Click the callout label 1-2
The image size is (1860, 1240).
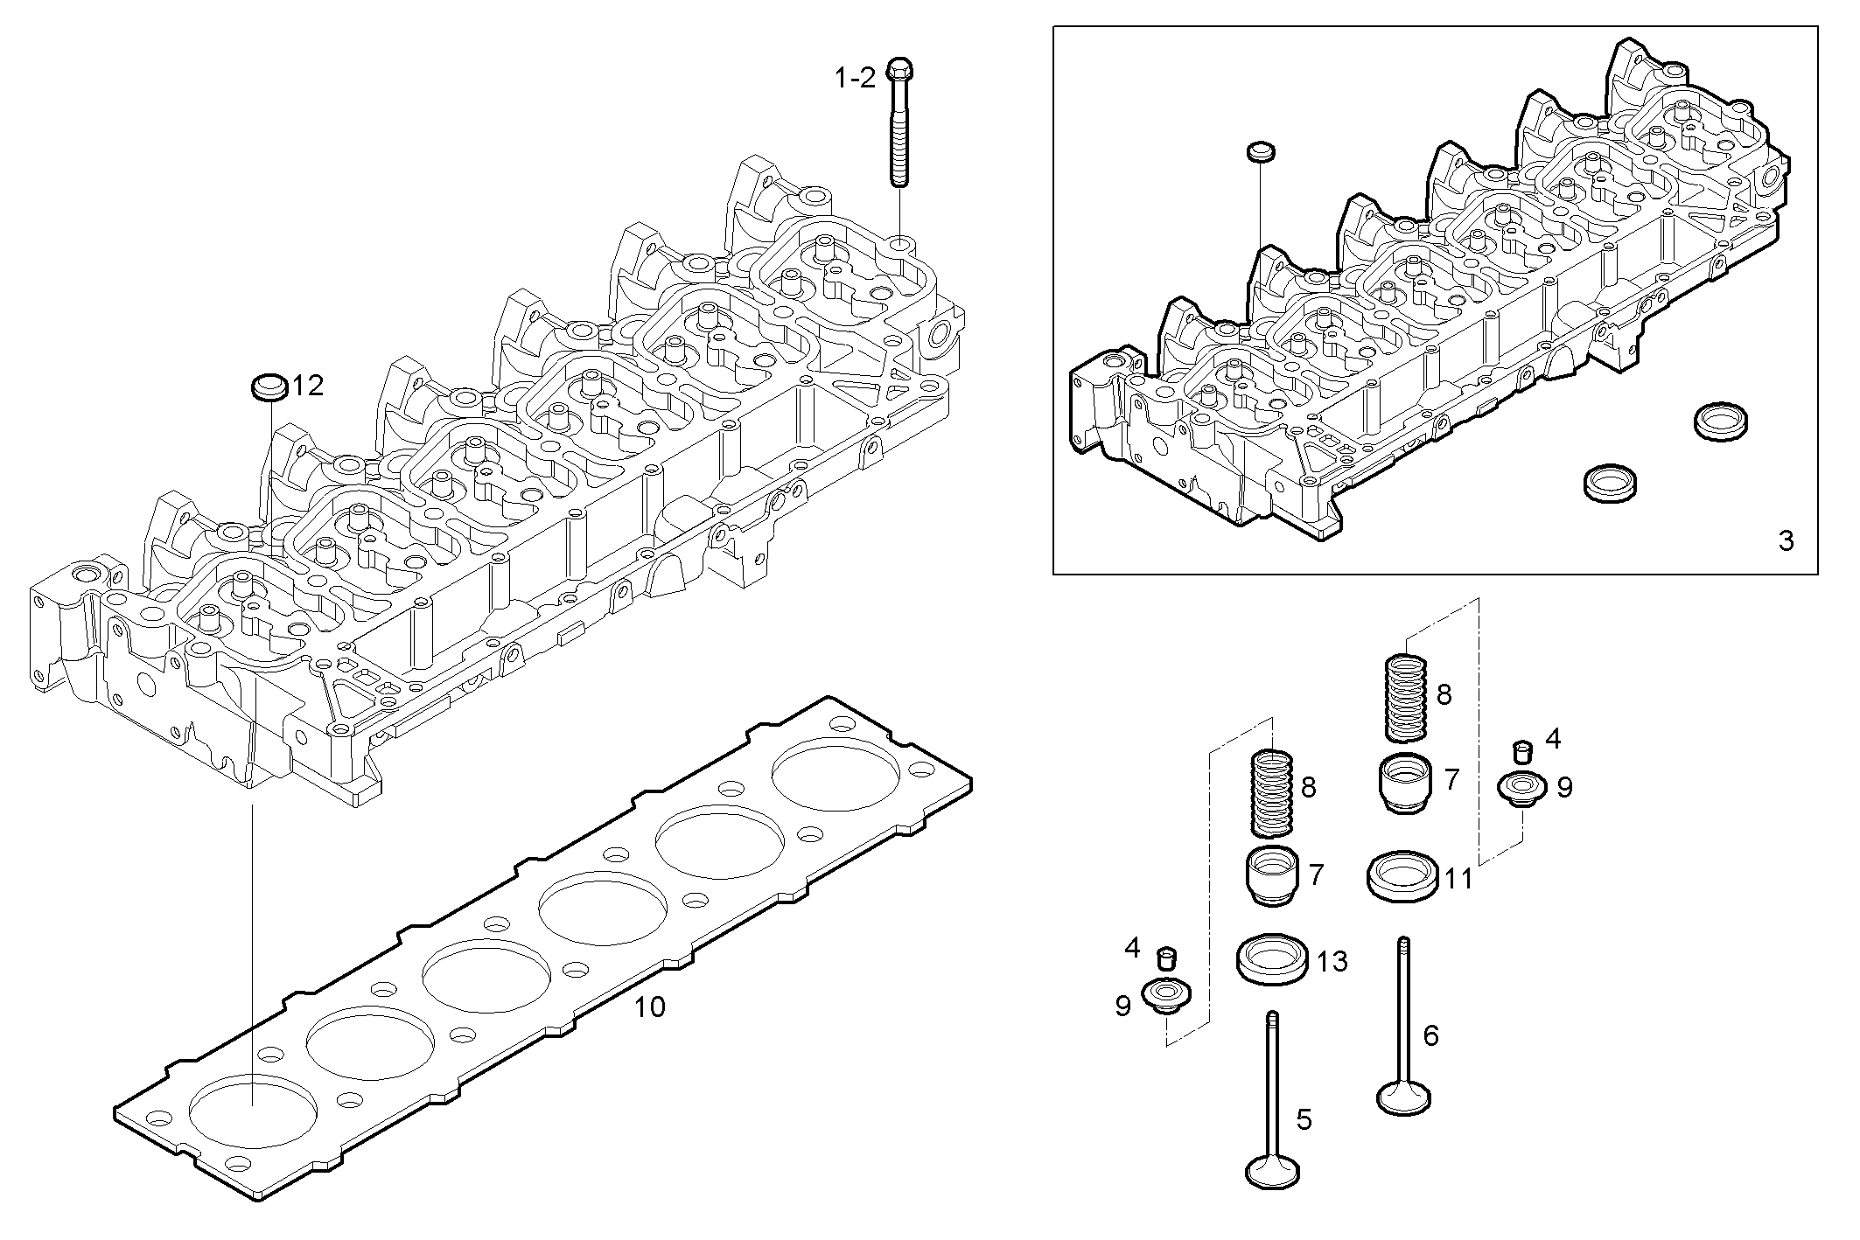[855, 79]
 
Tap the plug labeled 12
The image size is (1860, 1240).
[269, 387]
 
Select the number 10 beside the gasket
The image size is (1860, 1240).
[649, 1007]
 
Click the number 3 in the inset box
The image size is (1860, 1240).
[1786, 541]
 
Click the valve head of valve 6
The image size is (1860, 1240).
[1403, 1098]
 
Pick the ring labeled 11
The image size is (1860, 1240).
[1402, 877]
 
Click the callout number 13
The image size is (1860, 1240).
[1332, 962]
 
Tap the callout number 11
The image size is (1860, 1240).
[1458, 878]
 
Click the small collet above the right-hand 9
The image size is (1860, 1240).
[1523, 751]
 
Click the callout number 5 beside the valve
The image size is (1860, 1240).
[1304, 1119]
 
